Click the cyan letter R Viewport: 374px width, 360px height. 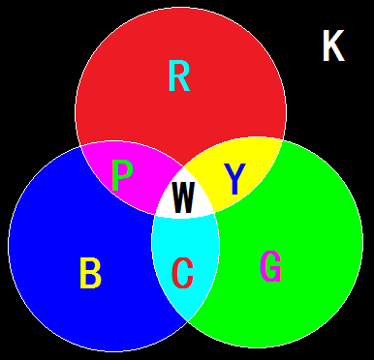click(x=179, y=75)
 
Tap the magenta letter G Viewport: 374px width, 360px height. click(x=272, y=267)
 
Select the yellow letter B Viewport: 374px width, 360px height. click(x=90, y=274)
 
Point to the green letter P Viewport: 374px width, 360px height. click(x=122, y=177)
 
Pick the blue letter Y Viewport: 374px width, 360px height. click(x=234, y=178)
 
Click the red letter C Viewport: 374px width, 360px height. click(x=182, y=274)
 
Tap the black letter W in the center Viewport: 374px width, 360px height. click(x=182, y=197)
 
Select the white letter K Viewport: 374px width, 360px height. click(x=333, y=46)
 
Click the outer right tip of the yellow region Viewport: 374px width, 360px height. click(x=282, y=141)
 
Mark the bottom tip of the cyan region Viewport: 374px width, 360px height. click(x=186, y=323)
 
